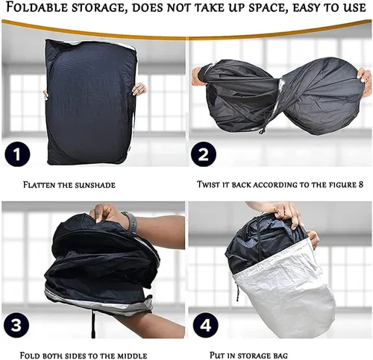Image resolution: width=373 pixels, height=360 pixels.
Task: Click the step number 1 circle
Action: coord(17,154)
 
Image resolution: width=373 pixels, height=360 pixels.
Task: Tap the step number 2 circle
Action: coord(204,154)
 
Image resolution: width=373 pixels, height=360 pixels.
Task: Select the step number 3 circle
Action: coord(16,325)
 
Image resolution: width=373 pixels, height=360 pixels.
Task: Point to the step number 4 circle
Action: coord(205,325)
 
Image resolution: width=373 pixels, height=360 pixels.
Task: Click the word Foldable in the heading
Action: coord(37,7)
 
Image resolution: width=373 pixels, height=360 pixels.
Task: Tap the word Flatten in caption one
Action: coord(39,185)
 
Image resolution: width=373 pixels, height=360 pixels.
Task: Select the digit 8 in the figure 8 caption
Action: coord(361,184)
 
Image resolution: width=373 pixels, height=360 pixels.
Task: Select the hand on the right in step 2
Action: coord(365,81)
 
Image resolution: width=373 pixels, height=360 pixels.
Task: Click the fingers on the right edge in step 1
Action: coord(139,89)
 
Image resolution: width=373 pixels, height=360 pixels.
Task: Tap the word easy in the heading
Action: coord(307,8)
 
